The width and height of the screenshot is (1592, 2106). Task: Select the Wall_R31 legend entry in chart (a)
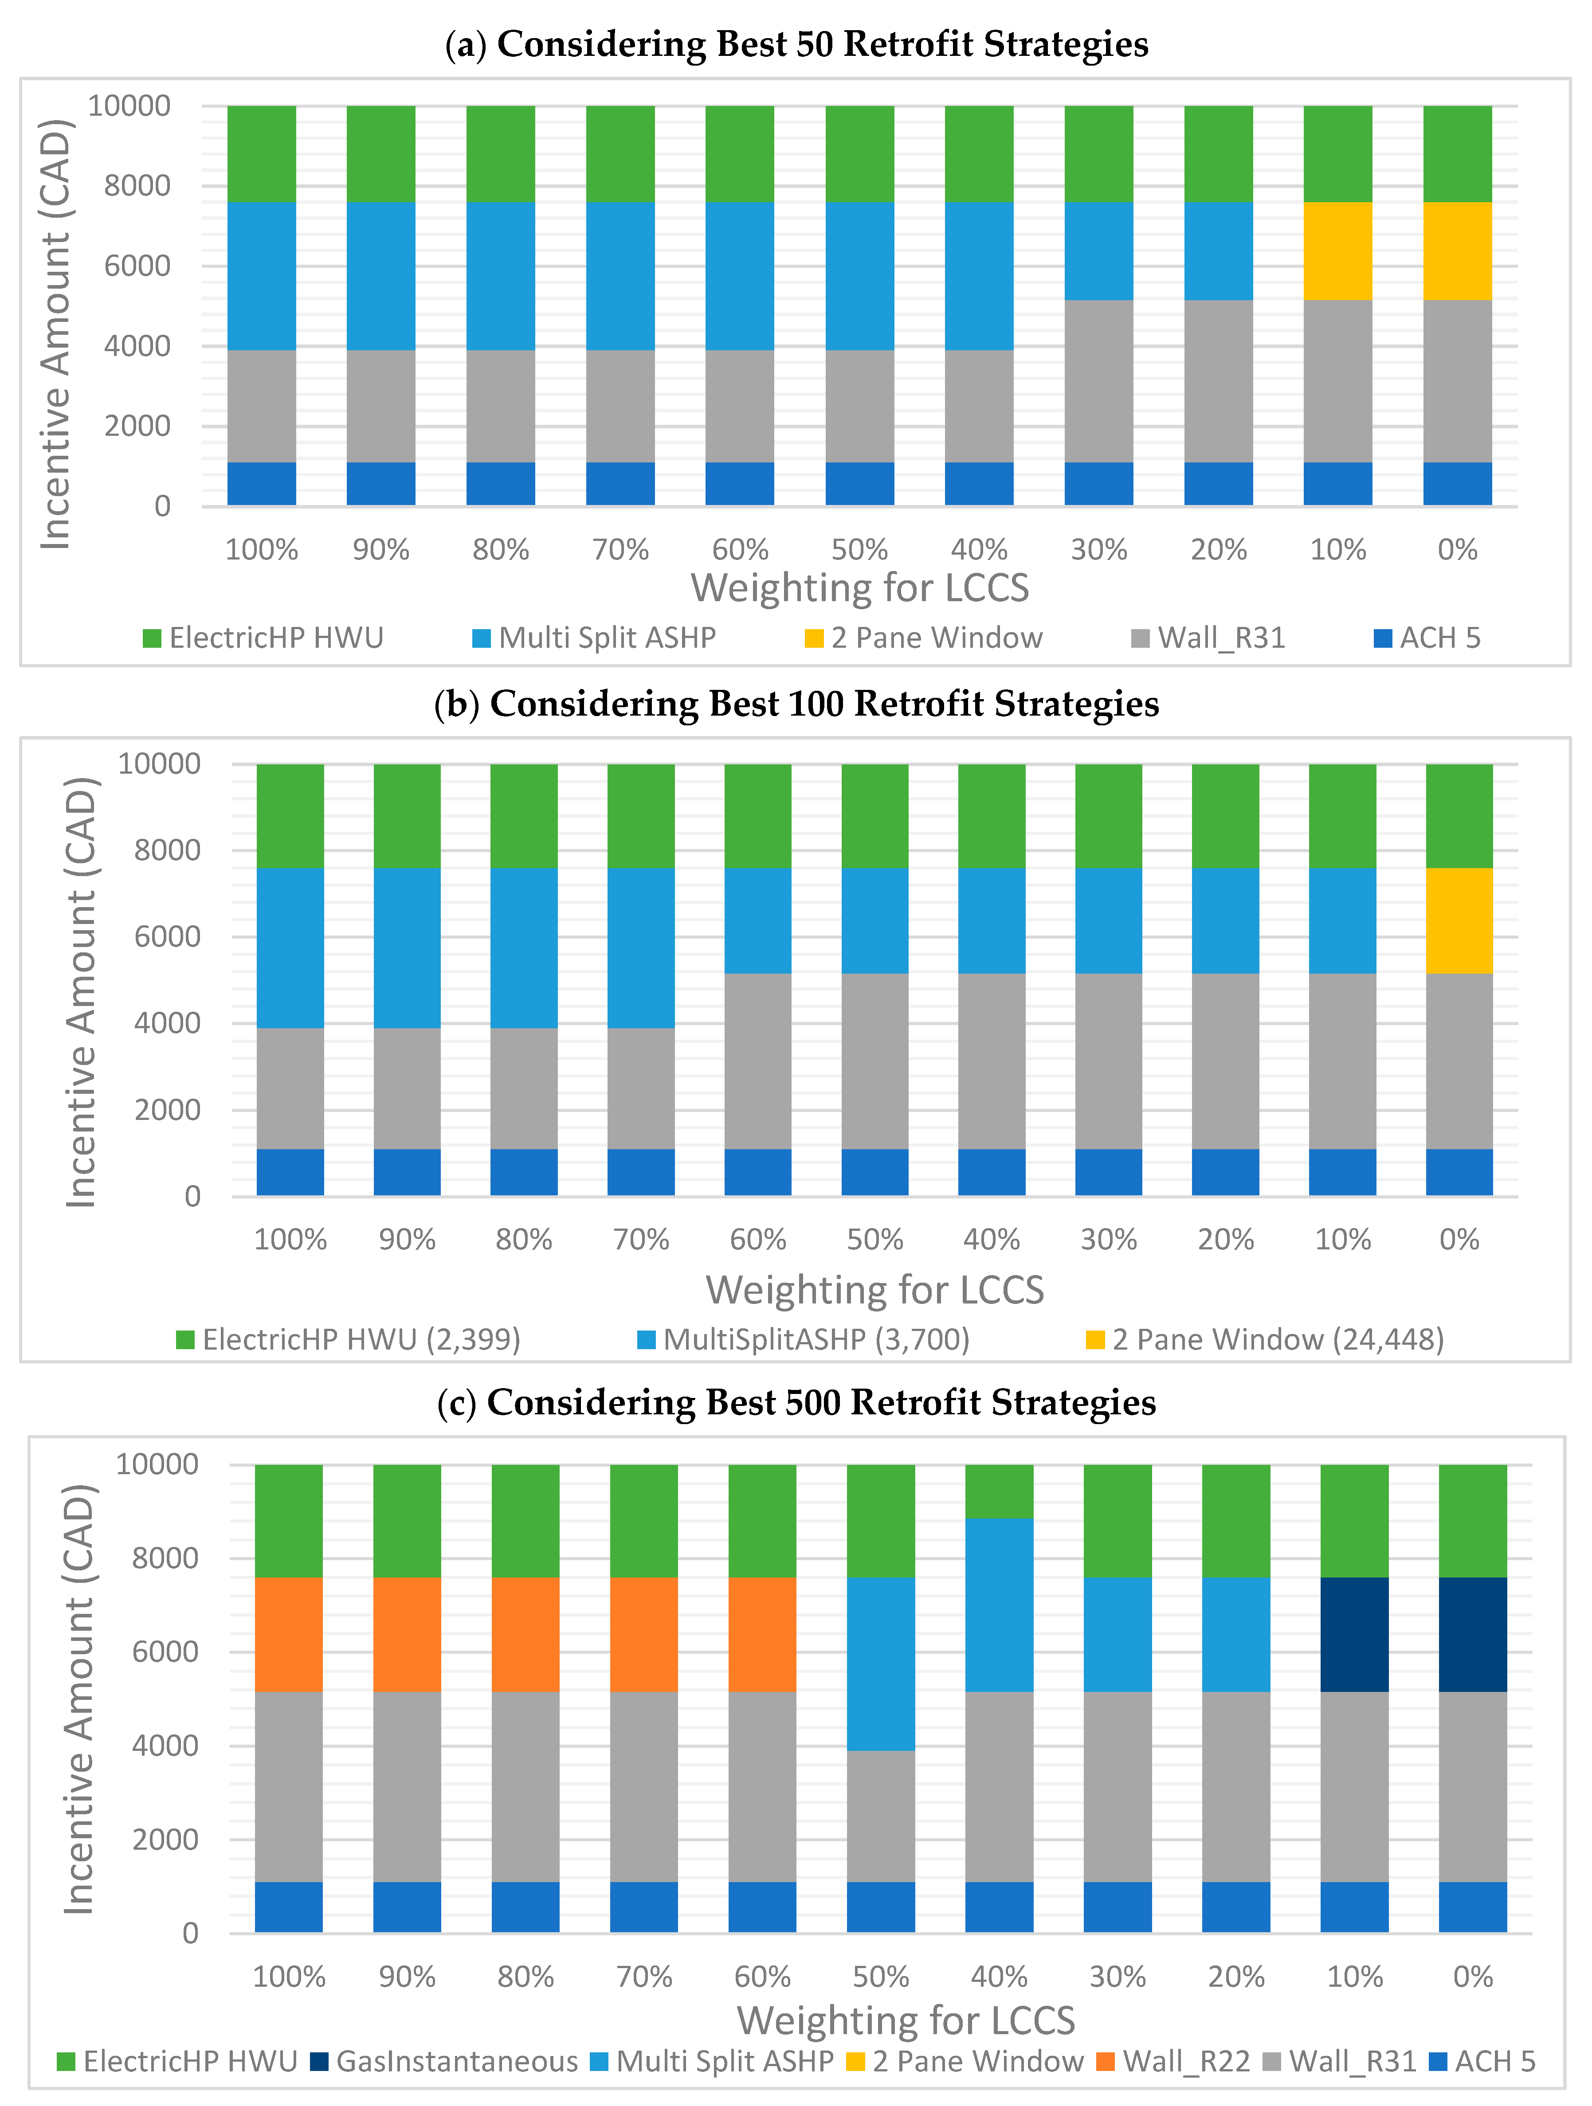pyautogui.click(x=1209, y=638)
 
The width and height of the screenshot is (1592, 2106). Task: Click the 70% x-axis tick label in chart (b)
pyautogui.click(x=641, y=1240)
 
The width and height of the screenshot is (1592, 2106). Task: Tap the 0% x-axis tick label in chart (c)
pyautogui.click(x=1472, y=1977)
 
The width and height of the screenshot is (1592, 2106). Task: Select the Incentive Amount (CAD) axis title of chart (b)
pyautogui.click(x=81, y=992)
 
